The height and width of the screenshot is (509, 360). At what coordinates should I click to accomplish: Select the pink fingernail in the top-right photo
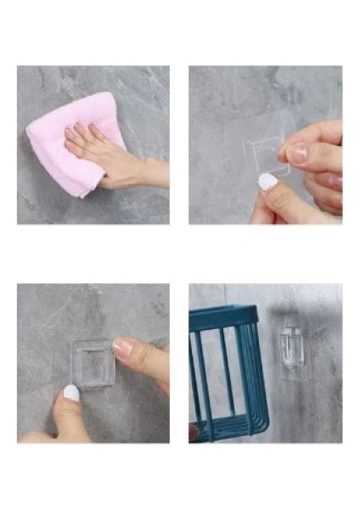coord(295,153)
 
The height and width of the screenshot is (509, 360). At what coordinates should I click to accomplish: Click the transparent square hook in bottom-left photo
coord(91,362)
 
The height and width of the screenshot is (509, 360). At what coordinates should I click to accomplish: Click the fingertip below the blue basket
coord(194,433)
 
